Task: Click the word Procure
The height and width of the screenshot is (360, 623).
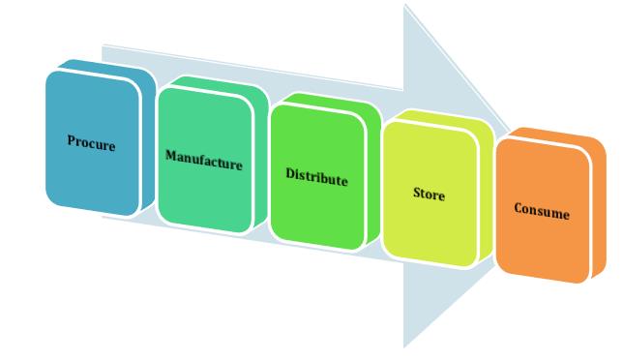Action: tap(91, 143)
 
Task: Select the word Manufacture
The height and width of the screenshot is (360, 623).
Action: tap(203, 161)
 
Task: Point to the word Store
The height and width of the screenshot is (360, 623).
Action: tap(429, 195)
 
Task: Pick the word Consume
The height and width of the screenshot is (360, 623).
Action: tap(542, 212)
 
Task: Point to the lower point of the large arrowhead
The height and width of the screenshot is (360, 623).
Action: tap(405, 345)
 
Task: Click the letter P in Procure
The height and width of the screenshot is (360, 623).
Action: tap(71, 141)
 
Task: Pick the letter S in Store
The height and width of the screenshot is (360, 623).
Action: tap(416, 193)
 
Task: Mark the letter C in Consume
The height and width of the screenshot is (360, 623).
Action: tap(518, 207)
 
